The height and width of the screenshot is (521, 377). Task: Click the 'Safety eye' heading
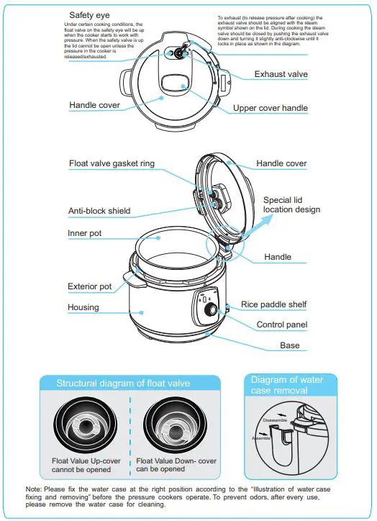pos(90,15)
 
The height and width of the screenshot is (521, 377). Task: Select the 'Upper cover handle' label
pos(271,109)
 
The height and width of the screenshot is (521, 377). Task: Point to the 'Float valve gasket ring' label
pos(112,164)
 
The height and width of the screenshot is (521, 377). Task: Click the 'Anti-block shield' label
pos(99,212)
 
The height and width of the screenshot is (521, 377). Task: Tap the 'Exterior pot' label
pos(90,286)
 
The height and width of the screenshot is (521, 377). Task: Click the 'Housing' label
pos(83,308)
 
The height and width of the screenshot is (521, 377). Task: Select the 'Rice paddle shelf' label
pos(274,305)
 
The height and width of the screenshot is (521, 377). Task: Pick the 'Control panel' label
pos(282,325)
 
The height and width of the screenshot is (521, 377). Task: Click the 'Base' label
pos(290,346)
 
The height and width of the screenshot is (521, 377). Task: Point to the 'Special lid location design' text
pos(291,205)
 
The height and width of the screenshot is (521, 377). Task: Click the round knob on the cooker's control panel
pos(212,309)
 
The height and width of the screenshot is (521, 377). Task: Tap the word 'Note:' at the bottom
pos(35,490)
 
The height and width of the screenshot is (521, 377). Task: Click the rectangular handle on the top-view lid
pos(170,83)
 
